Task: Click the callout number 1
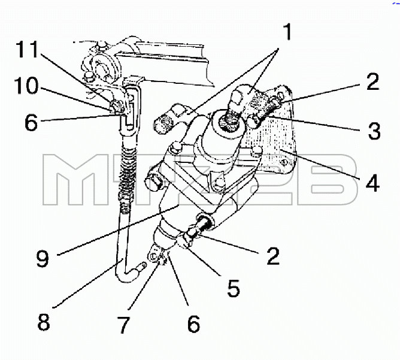(x=288, y=32)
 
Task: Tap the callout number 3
(x=374, y=131)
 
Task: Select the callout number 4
(x=372, y=183)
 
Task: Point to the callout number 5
(x=234, y=288)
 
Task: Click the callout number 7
(x=124, y=325)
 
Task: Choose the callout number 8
(x=44, y=322)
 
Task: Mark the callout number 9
(x=43, y=258)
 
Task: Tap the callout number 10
(x=26, y=86)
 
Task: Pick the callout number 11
(x=27, y=49)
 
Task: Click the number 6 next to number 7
(x=194, y=324)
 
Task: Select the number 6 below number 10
(x=31, y=122)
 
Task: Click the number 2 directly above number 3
(x=373, y=81)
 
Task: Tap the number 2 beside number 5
(x=273, y=256)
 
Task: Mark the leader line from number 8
(x=89, y=283)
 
